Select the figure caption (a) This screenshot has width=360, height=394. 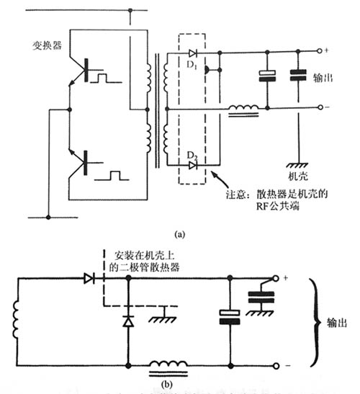pyautogui.click(x=179, y=234)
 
